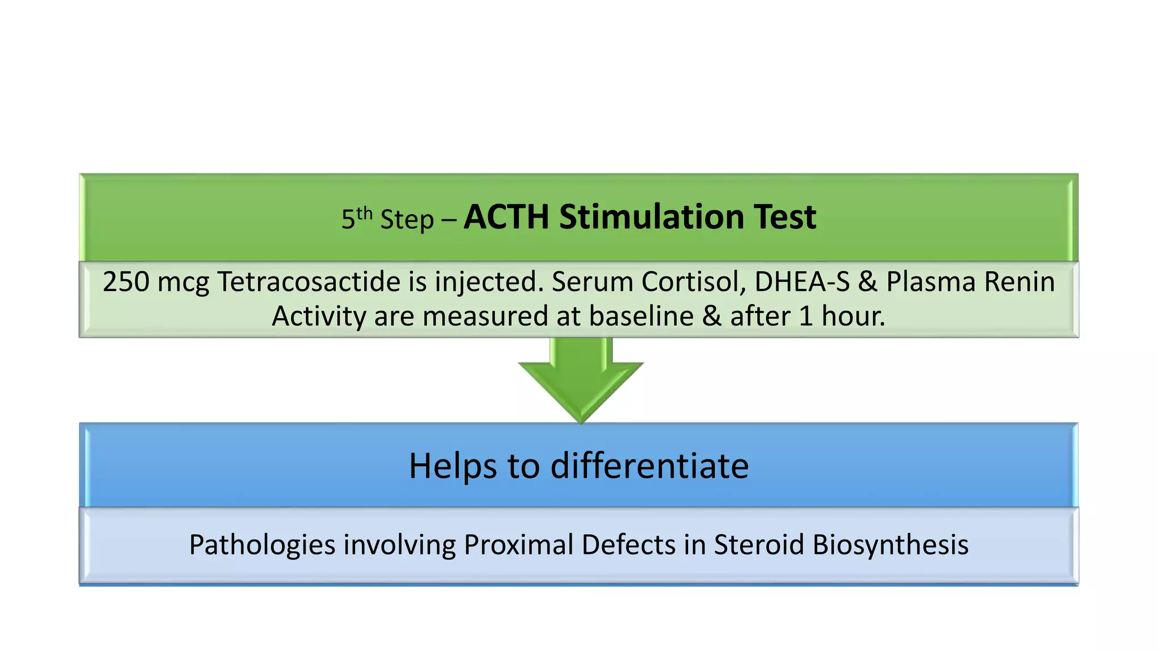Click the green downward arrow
click(581, 379)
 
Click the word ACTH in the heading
click(507, 217)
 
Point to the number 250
click(126, 281)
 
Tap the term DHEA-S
click(802, 281)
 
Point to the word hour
click(853, 316)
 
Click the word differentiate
click(650, 466)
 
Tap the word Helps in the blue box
click(453, 466)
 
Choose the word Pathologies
click(262, 545)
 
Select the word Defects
click(628, 545)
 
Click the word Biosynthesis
click(890, 545)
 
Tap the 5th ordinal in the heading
click(356, 218)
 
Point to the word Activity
click(318, 316)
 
